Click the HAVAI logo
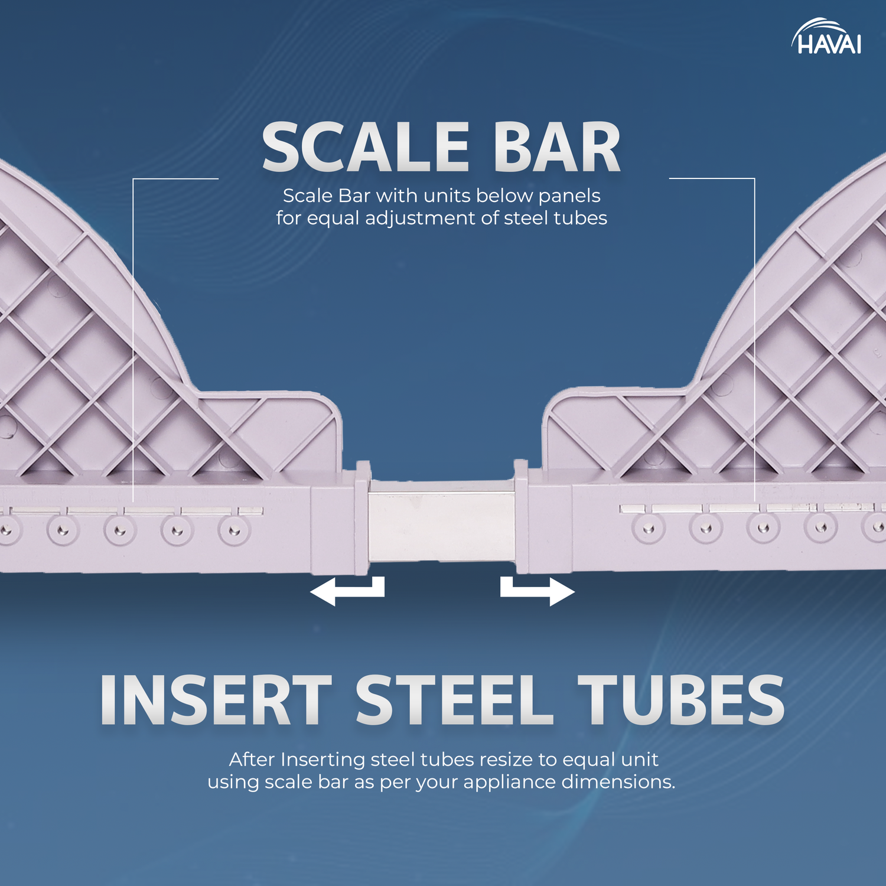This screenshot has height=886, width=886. [x=826, y=37]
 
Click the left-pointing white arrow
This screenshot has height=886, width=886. [x=347, y=591]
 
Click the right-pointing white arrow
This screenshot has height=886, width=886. [x=538, y=591]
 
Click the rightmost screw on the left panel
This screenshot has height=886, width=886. [x=234, y=530]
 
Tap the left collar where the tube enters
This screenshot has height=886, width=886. [x=361, y=518]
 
